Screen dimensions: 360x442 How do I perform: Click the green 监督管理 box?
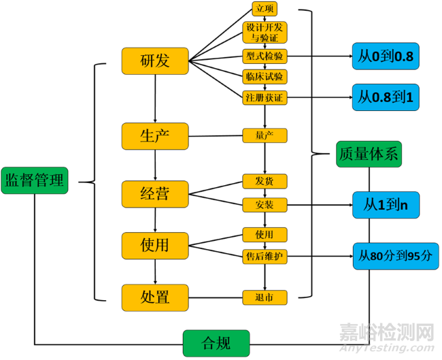click(35, 180)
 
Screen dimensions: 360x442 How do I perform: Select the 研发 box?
click(155, 61)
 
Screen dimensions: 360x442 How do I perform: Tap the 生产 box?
click(155, 136)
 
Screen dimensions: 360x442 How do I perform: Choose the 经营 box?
click(155, 194)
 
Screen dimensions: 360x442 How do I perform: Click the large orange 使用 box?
click(155, 244)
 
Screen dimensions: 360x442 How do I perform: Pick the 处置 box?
click(155, 297)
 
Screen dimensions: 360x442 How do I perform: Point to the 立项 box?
click(264, 10)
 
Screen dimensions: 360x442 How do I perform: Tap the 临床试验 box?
click(265, 76)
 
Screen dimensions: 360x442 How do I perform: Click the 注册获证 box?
click(265, 98)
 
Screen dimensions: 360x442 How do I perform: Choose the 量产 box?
click(265, 135)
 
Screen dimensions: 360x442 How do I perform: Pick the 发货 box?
click(265, 182)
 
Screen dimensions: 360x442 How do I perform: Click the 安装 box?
click(265, 204)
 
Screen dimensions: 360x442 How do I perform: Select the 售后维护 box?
click(265, 257)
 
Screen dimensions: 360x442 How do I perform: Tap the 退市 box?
click(265, 297)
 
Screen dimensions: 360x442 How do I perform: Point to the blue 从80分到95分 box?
click(395, 257)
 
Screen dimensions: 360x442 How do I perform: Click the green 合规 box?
click(216, 342)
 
